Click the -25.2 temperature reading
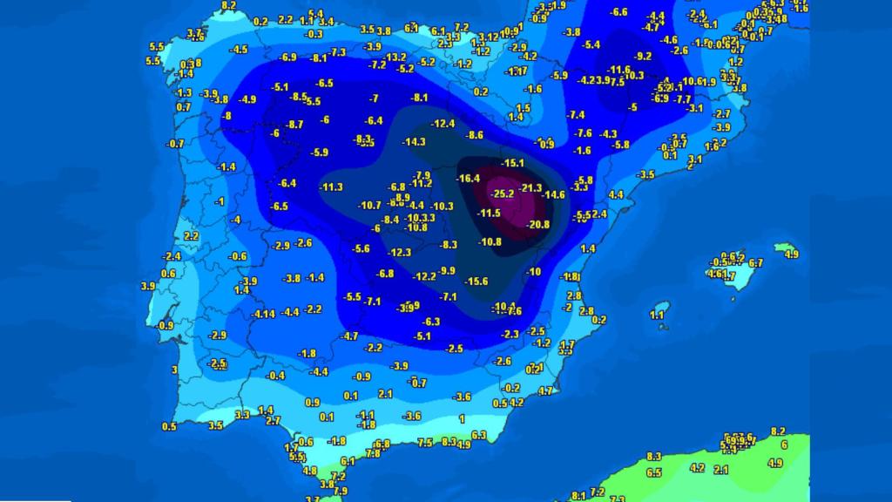coord(503,193)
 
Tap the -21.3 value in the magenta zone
coord(530,187)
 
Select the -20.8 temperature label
coord(538,224)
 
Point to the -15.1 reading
coord(512,163)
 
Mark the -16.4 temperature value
coord(470,179)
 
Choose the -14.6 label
coord(553,194)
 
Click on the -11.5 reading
coord(489,214)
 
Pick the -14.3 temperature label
coord(414,142)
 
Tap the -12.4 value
coord(443,124)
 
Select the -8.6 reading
coord(475,135)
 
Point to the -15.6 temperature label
coord(476,281)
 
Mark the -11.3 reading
coord(332,187)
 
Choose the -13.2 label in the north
coord(384,57)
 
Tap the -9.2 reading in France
coord(643,57)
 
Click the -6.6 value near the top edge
coord(619,12)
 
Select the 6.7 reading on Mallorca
coord(755,263)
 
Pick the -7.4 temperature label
coord(576,115)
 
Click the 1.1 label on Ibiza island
coord(658,315)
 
